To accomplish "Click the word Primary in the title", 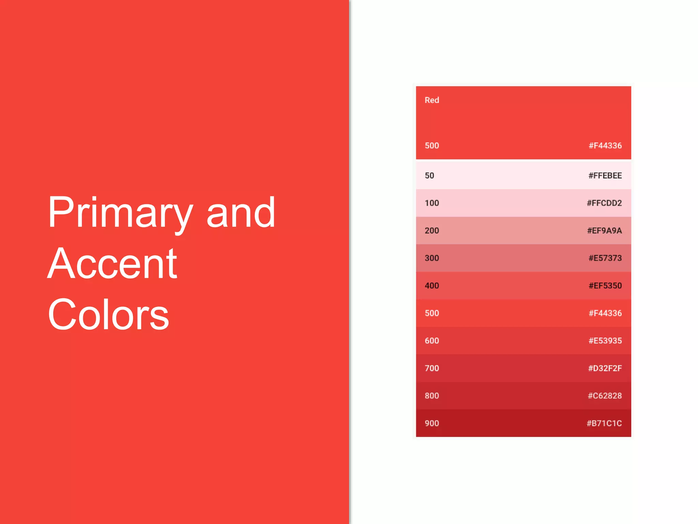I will pyautogui.click(x=120, y=214).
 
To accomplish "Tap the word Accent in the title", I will pyautogui.click(x=112, y=263).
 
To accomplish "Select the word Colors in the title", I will pyautogui.click(x=108, y=315).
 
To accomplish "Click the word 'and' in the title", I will pyautogui.click(x=241, y=213).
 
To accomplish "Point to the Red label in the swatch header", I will pyautogui.click(x=431, y=100).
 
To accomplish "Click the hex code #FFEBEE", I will pyautogui.click(x=605, y=176).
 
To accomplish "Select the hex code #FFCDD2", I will pyautogui.click(x=604, y=203).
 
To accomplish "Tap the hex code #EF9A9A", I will pyautogui.click(x=604, y=231).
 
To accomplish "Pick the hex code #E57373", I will pyautogui.click(x=605, y=258).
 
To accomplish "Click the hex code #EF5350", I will pyautogui.click(x=605, y=286).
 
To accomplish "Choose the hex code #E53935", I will pyautogui.click(x=605, y=341).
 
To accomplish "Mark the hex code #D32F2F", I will pyautogui.click(x=605, y=368).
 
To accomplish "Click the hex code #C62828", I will pyautogui.click(x=605, y=396).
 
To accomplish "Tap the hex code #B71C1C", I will pyautogui.click(x=604, y=423).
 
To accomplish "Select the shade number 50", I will pyautogui.click(x=429, y=176).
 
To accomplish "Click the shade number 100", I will pyautogui.click(x=431, y=203).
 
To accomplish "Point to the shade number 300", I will pyautogui.click(x=431, y=258).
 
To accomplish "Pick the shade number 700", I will pyautogui.click(x=431, y=368).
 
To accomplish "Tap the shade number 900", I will pyautogui.click(x=431, y=423).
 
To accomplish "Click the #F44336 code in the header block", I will pyautogui.click(x=605, y=146).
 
